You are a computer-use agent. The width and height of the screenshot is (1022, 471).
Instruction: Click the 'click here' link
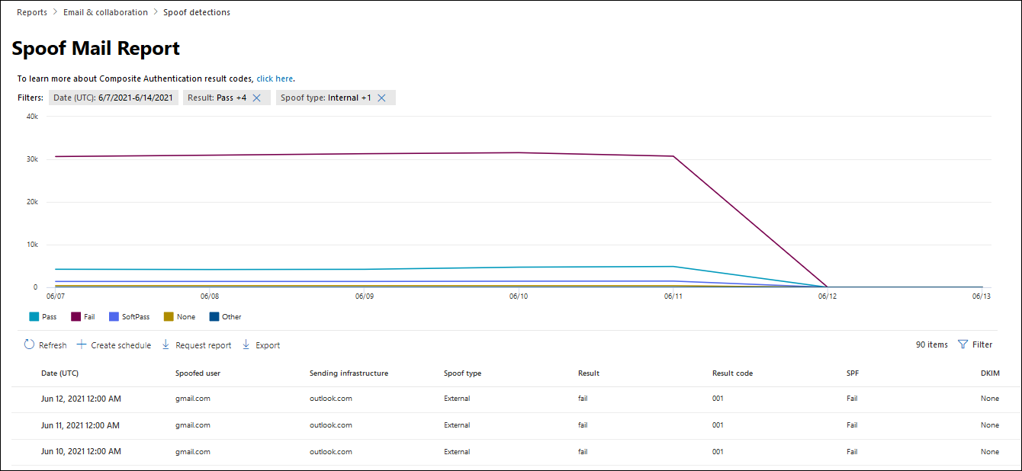275,78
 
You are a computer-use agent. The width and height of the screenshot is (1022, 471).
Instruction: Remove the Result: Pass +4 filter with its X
257,98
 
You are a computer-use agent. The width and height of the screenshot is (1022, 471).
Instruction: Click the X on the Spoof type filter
382,98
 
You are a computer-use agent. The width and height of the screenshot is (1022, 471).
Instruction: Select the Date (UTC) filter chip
113,98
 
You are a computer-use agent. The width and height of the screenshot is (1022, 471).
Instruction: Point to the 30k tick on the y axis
32,159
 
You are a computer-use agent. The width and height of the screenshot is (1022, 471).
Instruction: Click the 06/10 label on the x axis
519,296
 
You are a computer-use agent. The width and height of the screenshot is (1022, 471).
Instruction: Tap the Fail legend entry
83,317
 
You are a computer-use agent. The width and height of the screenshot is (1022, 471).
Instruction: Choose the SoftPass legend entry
129,317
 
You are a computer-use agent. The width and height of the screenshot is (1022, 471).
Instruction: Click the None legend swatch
169,317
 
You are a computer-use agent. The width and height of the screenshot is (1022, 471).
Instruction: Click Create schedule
114,345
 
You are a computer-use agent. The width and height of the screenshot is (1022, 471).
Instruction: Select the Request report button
197,345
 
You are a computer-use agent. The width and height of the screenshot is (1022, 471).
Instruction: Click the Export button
261,345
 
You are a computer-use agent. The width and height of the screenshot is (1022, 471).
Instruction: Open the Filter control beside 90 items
975,344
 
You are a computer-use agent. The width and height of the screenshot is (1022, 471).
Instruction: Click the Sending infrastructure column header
349,373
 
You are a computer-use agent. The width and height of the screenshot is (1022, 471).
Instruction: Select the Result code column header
732,373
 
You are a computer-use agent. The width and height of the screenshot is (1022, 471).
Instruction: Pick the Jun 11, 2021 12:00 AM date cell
80,425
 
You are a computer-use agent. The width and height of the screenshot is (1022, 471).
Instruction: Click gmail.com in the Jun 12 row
192,399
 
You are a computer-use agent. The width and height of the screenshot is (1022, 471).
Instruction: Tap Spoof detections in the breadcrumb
197,12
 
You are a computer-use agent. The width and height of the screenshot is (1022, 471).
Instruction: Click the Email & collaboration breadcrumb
105,12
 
